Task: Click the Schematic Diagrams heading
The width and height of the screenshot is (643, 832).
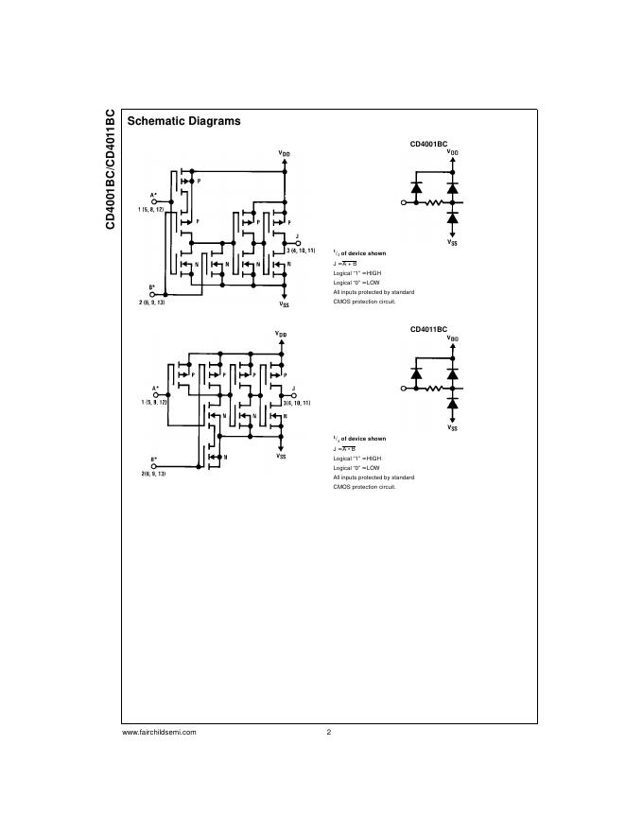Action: click(183, 121)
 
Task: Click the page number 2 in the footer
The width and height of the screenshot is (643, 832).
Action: click(328, 732)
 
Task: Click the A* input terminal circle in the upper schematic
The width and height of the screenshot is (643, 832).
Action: click(154, 200)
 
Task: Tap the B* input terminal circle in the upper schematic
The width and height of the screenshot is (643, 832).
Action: click(153, 294)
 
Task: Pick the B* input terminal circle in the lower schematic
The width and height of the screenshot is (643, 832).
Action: click(155, 464)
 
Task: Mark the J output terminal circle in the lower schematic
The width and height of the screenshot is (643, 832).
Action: click(295, 394)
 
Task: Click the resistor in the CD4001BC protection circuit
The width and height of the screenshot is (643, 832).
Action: click(434, 202)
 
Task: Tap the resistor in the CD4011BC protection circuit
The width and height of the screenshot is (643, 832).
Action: click(434, 388)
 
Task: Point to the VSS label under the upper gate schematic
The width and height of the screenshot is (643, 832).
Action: click(284, 304)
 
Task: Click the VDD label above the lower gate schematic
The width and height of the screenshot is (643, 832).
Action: click(281, 334)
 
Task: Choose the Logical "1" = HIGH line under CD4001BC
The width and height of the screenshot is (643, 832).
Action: click(356, 272)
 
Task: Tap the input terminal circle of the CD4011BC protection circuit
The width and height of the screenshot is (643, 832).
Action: click(405, 388)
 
